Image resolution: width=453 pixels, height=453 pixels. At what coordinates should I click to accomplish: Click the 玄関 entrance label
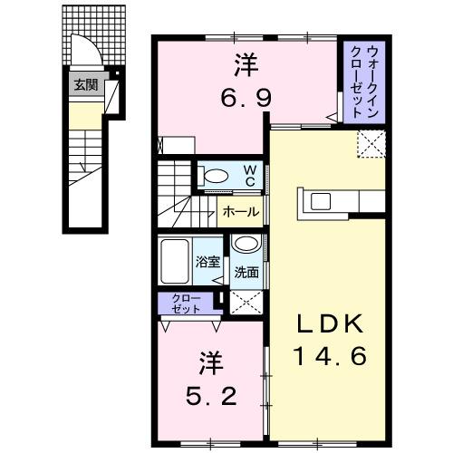click(85, 86)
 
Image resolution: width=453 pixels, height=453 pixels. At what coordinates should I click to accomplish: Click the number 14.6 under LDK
click(329, 356)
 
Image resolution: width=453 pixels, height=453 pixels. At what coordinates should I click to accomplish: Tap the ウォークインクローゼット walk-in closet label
click(362, 80)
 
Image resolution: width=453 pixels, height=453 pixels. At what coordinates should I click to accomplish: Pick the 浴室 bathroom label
click(207, 263)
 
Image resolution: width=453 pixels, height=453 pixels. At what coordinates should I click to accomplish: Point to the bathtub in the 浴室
click(175, 262)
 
